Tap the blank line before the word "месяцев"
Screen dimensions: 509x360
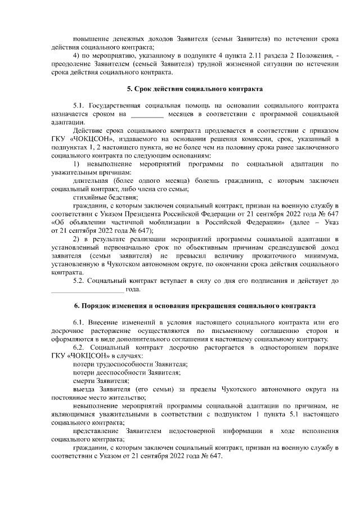[x=147, y=115]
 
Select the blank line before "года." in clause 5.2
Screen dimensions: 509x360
[x=87, y=290]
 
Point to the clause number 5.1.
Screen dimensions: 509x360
[x=80, y=105]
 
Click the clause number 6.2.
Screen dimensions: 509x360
[x=80, y=348]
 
